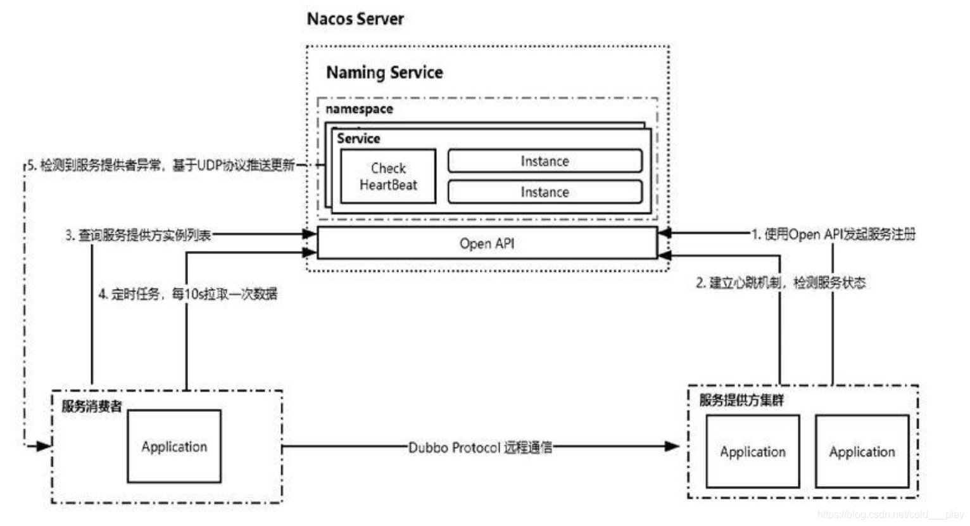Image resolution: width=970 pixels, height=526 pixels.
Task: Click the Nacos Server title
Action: point(355,19)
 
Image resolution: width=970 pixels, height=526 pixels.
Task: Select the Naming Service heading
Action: point(384,72)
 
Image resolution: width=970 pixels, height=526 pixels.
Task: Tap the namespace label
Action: point(359,109)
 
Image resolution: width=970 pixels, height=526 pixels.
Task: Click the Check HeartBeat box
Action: point(388,176)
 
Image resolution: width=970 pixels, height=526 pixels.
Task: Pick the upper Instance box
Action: point(545,161)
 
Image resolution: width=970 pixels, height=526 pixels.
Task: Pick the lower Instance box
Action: point(545,192)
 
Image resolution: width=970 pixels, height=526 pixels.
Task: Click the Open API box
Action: point(486,243)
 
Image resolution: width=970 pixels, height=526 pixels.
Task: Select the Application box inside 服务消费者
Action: point(174,446)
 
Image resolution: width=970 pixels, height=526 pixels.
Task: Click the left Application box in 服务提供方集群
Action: point(752,451)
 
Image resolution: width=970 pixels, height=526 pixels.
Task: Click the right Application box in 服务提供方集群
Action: point(862,451)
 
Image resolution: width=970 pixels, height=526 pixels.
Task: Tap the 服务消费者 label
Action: point(92,406)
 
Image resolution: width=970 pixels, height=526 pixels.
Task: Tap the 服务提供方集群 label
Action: point(741,400)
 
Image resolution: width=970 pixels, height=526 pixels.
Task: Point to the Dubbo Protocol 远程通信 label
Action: point(480,447)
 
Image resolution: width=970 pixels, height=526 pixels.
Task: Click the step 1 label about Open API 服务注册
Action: point(833,234)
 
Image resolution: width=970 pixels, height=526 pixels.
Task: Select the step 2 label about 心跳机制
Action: point(780,283)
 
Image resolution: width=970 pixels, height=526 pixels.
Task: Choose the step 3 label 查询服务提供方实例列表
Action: point(138,235)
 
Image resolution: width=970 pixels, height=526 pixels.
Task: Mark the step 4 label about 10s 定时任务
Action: point(187,293)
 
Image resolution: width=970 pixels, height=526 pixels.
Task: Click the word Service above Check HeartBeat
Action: point(358,138)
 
